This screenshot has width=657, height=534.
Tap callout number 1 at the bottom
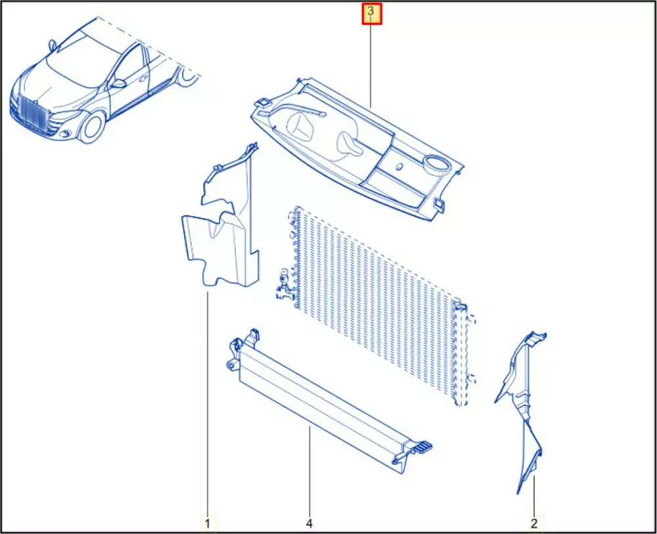[208, 523]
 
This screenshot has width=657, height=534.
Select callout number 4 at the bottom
[309, 523]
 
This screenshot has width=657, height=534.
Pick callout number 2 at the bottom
[533, 523]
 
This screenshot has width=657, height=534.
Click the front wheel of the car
[92, 127]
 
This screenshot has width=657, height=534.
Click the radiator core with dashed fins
[377, 303]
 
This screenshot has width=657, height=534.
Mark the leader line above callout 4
[309, 471]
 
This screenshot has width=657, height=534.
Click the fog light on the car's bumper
[66, 134]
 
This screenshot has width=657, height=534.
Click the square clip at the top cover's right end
[440, 204]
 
